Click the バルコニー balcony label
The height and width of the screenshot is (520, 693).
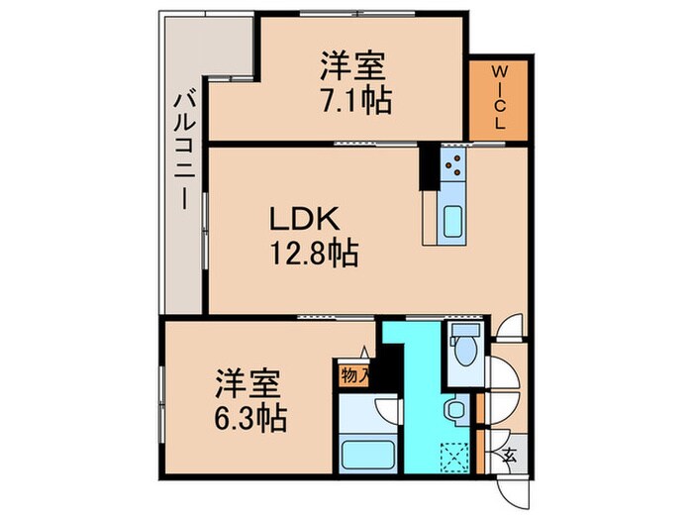[x=183, y=149]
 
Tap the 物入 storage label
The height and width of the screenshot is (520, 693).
[x=353, y=376]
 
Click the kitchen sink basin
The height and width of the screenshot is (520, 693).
[x=453, y=219]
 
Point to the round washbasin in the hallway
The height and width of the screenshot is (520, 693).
[x=455, y=408]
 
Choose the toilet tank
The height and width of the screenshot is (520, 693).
[x=462, y=333]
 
